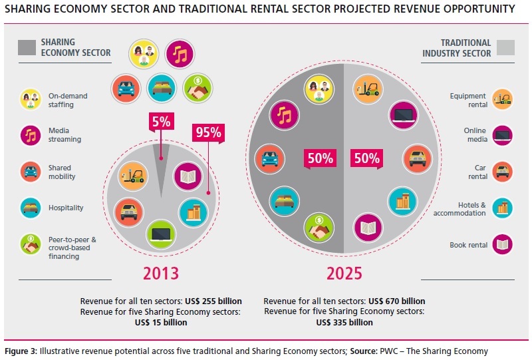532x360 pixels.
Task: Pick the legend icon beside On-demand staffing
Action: [x=30, y=99]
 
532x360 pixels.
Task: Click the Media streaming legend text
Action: [x=65, y=135]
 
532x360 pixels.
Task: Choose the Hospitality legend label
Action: [x=66, y=208]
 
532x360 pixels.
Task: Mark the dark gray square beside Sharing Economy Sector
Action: [x=27, y=48]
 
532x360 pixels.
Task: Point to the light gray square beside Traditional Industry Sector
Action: [x=506, y=48]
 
